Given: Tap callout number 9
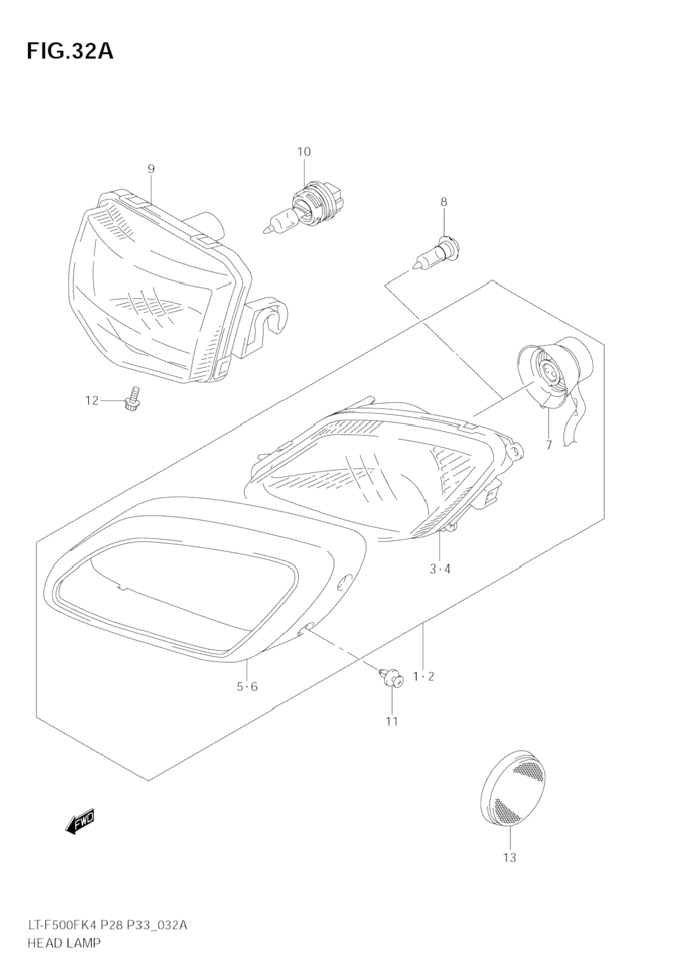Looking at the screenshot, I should [x=151, y=169].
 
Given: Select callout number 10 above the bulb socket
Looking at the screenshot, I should [x=304, y=151].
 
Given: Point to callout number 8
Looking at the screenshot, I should [x=443, y=202].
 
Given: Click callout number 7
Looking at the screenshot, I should [x=548, y=445].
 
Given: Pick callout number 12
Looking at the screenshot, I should [x=91, y=401].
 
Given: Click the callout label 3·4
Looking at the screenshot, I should [x=440, y=569].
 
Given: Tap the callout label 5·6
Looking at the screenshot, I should [x=247, y=687].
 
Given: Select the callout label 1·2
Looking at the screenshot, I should [x=424, y=677].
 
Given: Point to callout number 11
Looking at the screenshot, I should [x=391, y=721].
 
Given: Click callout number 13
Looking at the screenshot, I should [x=509, y=857].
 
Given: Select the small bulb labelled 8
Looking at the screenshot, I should [x=437, y=251].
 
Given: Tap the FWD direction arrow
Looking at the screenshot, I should [x=80, y=821].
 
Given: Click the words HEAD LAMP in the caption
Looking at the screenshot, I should [x=64, y=943].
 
